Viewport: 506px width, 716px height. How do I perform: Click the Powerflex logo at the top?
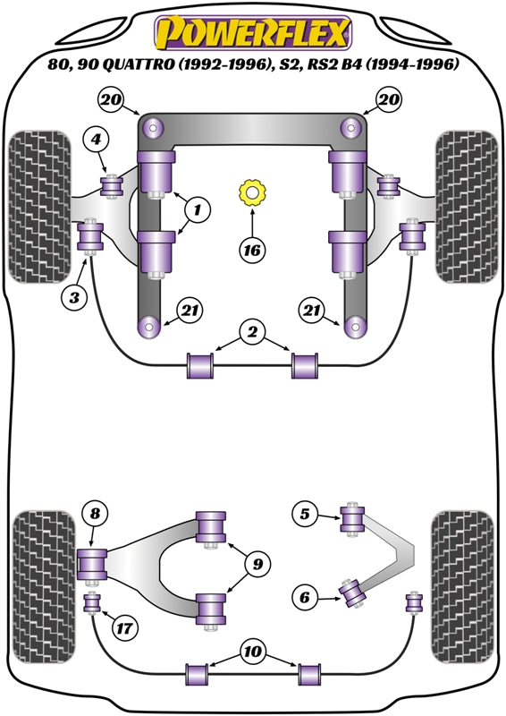point(253,33)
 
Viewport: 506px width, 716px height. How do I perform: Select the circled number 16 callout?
point(252,251)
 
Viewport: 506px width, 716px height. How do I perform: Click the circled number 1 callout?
point(197,209)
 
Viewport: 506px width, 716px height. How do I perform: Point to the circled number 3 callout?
point(74,298)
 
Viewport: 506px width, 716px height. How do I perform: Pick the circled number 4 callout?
point(96,139)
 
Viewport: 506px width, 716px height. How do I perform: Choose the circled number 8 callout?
point(95,514)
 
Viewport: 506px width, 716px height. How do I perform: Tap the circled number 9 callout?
point(257,564)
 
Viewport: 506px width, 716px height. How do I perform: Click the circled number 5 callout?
point(305,514)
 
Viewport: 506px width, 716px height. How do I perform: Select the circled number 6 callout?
point(305,597)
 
